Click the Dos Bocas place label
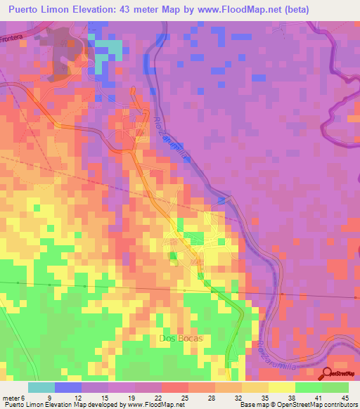coord(181,338)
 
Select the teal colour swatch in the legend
coord(41,387)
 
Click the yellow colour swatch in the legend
coord(282,387)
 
